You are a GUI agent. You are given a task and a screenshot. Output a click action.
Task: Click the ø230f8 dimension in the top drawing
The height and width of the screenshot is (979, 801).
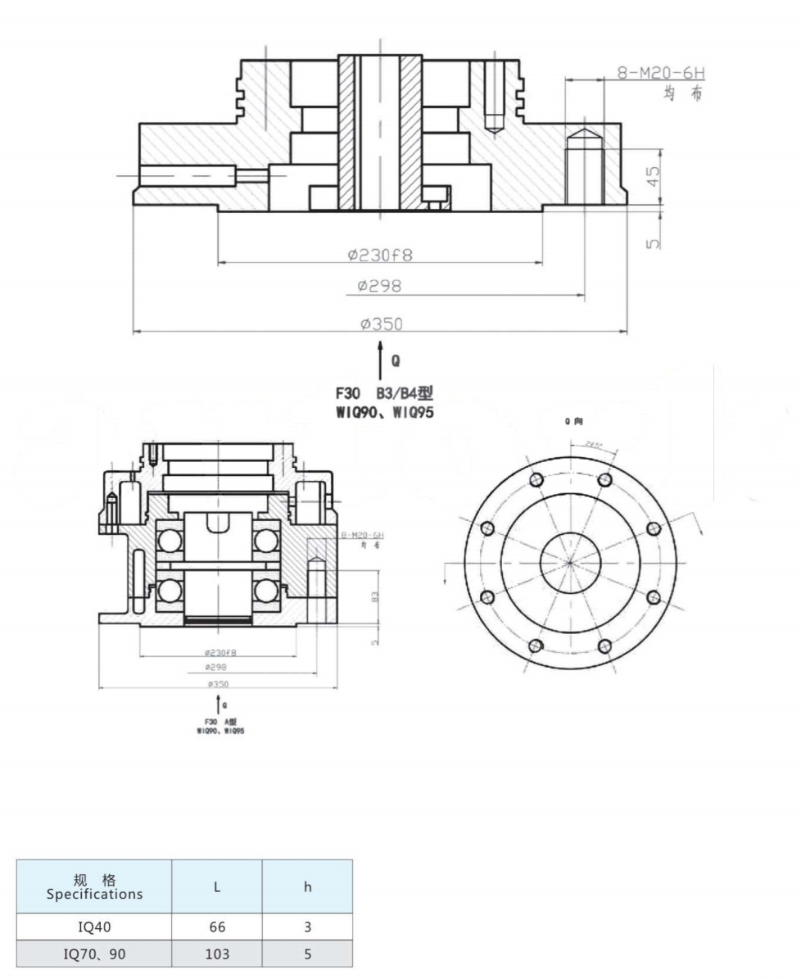click(x=380, y=255)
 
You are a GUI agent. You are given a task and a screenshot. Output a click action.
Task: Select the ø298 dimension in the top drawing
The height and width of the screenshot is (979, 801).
click(x=380, y=287)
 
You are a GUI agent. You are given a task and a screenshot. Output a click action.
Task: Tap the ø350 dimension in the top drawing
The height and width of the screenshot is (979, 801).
click(x=382, y=324)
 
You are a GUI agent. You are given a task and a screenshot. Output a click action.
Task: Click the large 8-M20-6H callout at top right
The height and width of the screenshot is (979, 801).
click(x=660, y=74)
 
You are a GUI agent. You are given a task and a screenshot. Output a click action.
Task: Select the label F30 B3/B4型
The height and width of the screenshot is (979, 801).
click(x=384, y=396)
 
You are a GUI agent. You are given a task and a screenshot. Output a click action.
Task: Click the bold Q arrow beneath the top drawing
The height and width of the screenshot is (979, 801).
click(x=380, y=360)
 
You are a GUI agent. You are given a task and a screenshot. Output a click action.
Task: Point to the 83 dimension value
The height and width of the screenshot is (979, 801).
click(x=375, y=597)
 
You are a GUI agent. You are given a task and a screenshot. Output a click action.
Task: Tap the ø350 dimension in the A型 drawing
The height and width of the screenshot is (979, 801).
click(x=217, y=682)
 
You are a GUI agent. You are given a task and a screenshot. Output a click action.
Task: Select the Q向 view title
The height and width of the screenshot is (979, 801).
click(x=573, y=422)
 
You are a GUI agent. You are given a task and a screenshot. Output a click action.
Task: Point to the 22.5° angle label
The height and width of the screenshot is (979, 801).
click(x=593, y=444)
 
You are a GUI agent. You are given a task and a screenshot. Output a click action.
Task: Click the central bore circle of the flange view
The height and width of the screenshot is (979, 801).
click(x=571, y=563)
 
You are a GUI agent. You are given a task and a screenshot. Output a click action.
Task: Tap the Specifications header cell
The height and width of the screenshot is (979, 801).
click(x=94, y=887)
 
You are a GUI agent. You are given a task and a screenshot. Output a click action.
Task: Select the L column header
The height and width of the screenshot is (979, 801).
click(x=217, y=886)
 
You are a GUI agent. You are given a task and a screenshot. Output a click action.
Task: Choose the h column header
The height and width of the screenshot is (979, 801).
click(x=307, y=886)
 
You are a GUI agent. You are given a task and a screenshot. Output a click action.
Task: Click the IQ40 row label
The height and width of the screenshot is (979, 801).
click(x=94, y=927)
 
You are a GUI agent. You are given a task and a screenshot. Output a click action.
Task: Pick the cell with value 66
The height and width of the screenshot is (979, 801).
click(x=217, y=927)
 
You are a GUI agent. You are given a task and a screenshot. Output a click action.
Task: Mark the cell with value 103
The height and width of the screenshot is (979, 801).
click(x=217, y=954)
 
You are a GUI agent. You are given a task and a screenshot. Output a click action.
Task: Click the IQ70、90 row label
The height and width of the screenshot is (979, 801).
click(x=94, y=954)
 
